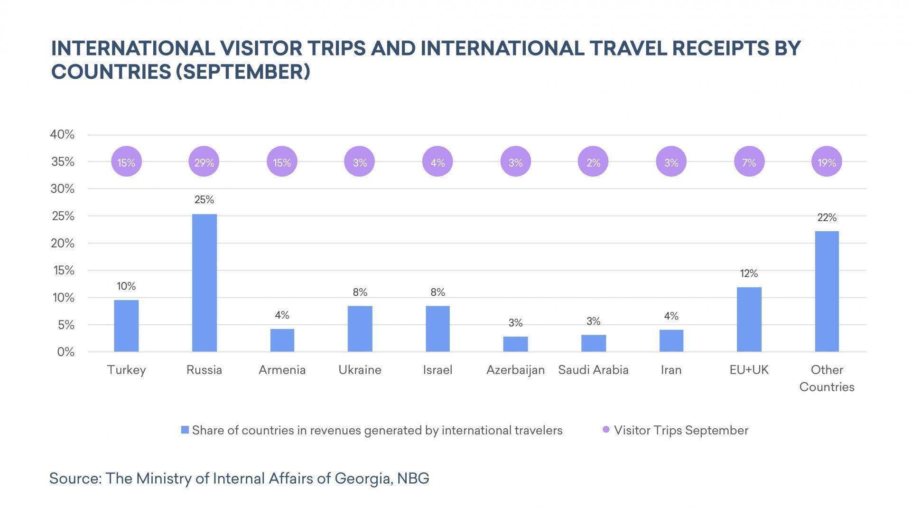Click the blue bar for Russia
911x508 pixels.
pyautogui.click(x=204, y=283)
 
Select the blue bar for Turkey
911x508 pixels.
pyautogui.click(x=126, y=326)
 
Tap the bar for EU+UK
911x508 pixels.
pyautogui.click(x=749, y=320)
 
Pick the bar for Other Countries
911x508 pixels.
pyautogui.click(x=827, y=292)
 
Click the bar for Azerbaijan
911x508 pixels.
pyautogui.click(x=515, y=344)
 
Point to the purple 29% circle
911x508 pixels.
pyautogui.click(x=204, y=162)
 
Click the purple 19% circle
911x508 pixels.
pyautogui.click(x=827, y=162)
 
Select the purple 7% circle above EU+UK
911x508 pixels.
pyautogui.click(x=749, y=162)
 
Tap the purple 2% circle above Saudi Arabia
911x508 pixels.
pyautogui.click(x=593, y=162)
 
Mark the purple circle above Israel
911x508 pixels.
pyautogui.click(x=437, y=162)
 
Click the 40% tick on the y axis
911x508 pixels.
pyautogui.click(x=62, y=135)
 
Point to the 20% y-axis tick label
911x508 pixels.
pyautogui.click(x=62, y=244)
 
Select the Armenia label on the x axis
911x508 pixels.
pyautogui.click(x=282, y=370)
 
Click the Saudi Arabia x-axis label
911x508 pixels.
pyautogui.click(x=593, y=370)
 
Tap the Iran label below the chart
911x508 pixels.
pyautogui.click(x=671, y=370)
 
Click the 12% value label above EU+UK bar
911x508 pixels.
pyautogui.click(x=749, y=273)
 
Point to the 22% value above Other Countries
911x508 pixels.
pyautogui.click(x=827, y=218)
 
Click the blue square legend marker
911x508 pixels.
pyautogui.click(x=185, y=430)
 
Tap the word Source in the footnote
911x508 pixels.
pyautogui.click(x=75, y=478)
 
